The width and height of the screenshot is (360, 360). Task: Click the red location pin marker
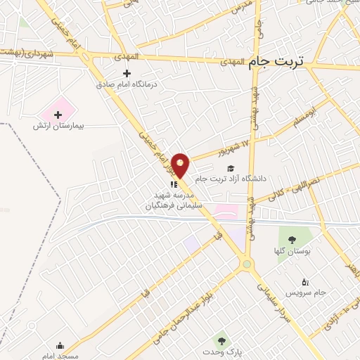point(181,165)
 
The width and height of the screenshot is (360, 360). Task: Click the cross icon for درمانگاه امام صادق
point(127,73)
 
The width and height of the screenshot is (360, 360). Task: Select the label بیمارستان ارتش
point(58,126)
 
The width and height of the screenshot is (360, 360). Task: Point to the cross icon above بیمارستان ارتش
point(58,114)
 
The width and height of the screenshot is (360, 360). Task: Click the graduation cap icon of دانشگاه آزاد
point(231,168)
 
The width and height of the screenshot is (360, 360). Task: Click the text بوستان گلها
point(293,250)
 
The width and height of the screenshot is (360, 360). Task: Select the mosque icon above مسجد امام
point(60,345)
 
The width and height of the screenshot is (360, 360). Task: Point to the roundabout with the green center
point(246,264)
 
